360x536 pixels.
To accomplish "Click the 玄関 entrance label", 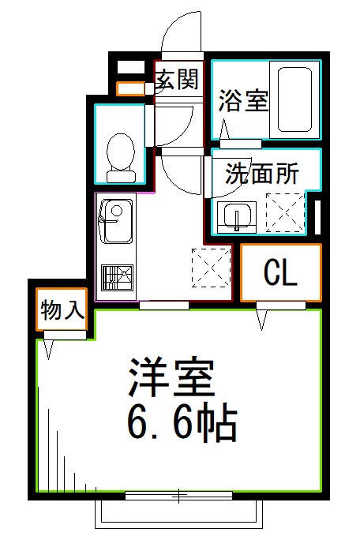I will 175,79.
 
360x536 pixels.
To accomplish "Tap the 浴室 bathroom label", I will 244,102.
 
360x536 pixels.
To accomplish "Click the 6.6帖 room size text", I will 182,425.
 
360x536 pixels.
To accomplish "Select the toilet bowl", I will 122,152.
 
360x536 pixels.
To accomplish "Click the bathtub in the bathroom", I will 295,99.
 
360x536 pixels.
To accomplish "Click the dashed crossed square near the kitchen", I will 211,266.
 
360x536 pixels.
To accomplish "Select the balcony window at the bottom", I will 179,496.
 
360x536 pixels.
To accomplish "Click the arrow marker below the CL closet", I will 262,320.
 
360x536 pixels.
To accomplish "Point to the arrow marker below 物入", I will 50,347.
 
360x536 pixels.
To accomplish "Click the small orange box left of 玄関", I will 129,88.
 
